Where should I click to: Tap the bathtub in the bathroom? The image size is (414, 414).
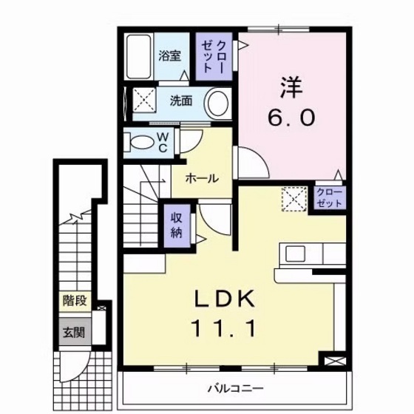coord(139,58)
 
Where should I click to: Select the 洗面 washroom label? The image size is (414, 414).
coord(180,101)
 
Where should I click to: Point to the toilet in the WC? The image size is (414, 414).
coord(139,141)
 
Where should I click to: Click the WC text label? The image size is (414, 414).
coord(164,140)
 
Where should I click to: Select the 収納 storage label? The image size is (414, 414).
coord(177,225)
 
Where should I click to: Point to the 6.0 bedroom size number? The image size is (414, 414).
coord(291,117)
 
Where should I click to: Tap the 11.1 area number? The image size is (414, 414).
coord(225,326)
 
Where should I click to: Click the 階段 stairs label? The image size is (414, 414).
coord(75,301)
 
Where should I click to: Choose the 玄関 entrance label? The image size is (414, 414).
coord(73,332)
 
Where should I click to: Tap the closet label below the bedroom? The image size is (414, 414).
coord(329,197)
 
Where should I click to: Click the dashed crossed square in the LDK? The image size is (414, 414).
coord(294,199)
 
